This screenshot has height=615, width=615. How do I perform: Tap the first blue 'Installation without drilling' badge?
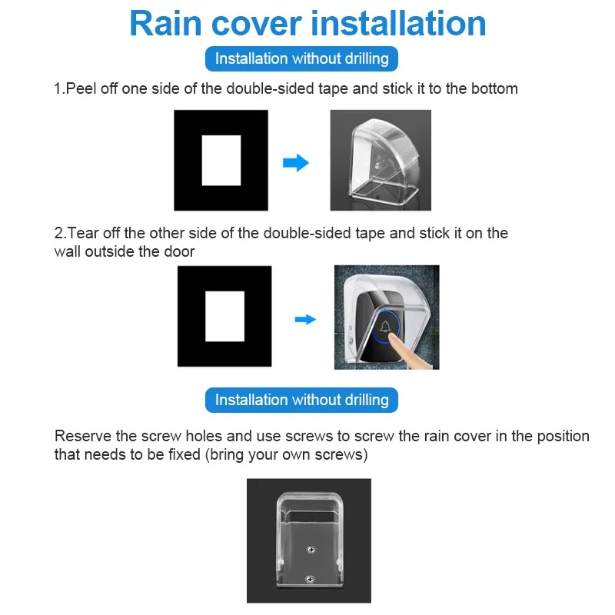(x=301, y=58)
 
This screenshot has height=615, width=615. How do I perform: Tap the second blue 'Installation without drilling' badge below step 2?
(x=301, y=400)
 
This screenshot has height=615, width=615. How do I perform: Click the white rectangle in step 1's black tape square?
(x=221, y=160)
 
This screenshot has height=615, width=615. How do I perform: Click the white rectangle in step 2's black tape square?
(x=224, y=316)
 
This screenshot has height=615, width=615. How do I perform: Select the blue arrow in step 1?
(x=296, y=163)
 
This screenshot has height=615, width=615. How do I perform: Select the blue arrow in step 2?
(x=306, y=319)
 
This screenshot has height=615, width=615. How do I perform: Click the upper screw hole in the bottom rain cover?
(x=310, y=548)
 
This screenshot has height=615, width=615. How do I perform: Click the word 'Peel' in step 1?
(x=81, y=88)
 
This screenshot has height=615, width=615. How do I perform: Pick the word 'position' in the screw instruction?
(x=561, y=436)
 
